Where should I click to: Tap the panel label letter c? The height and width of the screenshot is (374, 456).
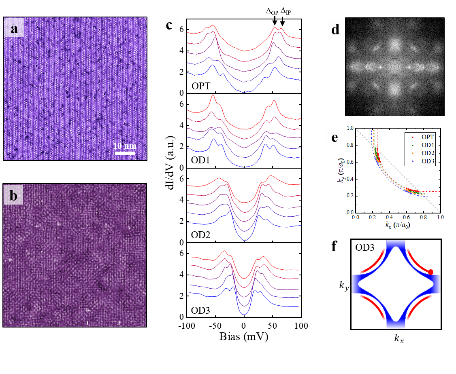169,25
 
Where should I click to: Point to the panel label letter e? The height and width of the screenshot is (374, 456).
335,137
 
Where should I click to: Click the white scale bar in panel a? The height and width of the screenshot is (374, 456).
124,153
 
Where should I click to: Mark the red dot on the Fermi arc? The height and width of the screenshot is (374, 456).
430,272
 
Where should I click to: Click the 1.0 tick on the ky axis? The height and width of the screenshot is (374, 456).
349,128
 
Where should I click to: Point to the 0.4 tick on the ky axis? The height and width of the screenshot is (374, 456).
349,179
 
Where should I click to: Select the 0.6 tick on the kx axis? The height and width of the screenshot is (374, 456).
406,217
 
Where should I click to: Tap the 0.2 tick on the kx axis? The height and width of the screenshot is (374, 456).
372,217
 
